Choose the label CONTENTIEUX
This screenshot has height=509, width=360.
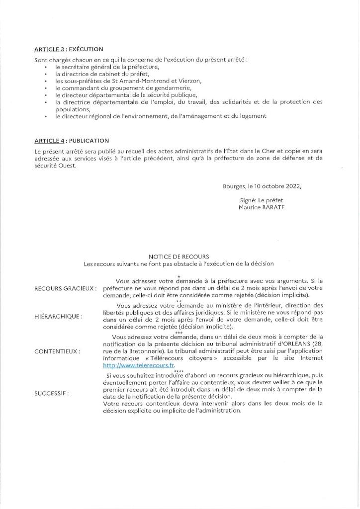coord(57,351)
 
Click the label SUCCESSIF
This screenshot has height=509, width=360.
coord(51,393)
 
